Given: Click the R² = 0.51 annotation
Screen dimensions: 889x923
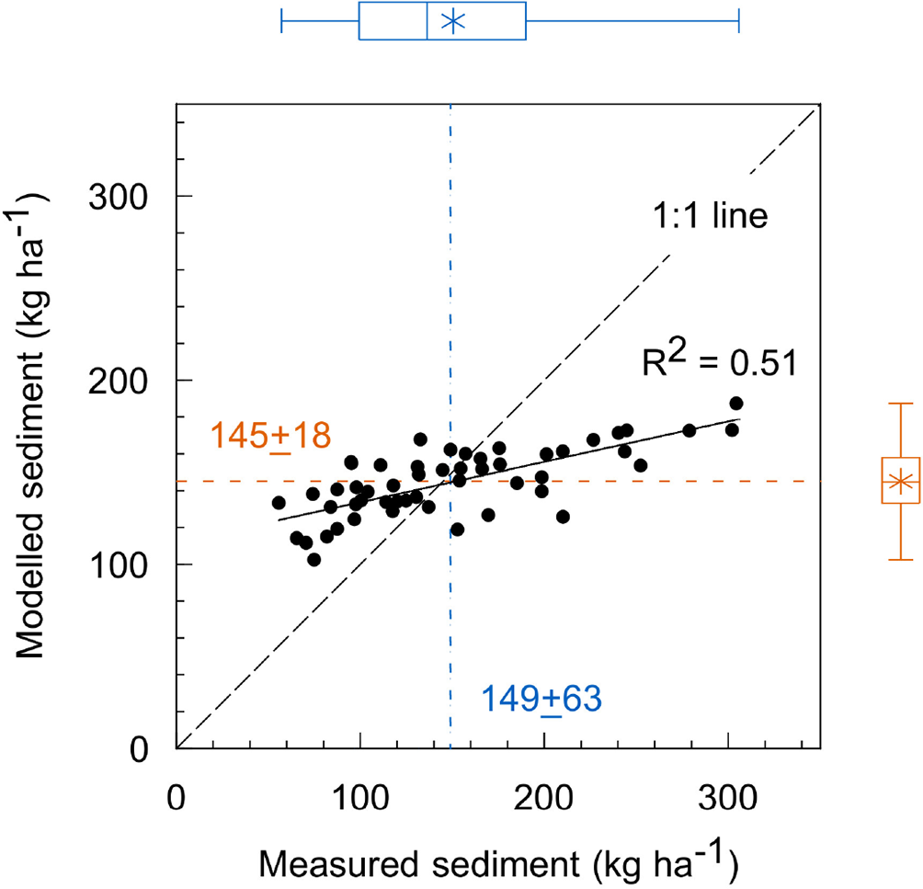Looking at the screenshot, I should (x=718, y=362).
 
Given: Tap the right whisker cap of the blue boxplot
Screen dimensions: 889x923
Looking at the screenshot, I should (x=738, y=21).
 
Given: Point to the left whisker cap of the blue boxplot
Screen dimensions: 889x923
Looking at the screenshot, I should (x=281, y=21).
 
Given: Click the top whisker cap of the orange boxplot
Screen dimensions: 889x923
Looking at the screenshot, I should (x=901, y=403).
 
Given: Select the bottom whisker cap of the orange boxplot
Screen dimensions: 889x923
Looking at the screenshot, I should (x=901, y=560).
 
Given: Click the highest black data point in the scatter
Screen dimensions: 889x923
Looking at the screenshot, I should (x=735, y=404).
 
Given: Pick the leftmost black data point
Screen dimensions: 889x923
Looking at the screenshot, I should (x=279, y=503).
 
